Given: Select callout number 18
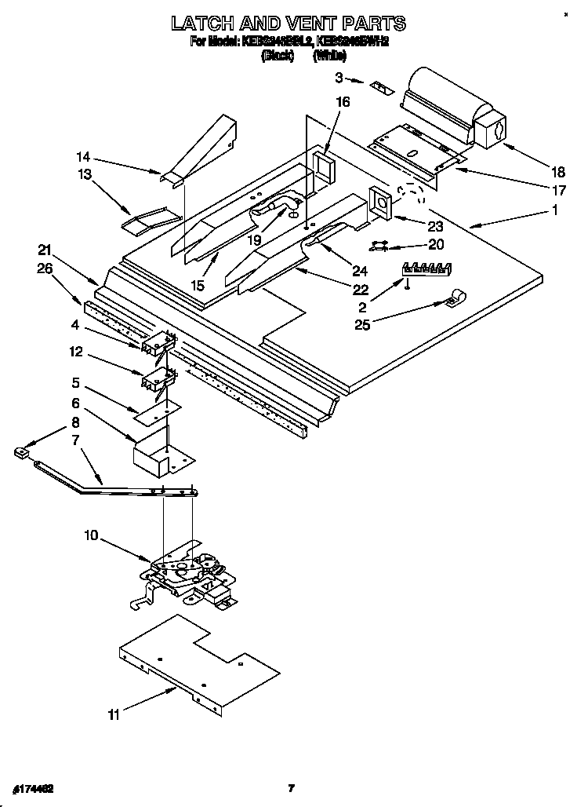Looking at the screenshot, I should [x=557, y=173].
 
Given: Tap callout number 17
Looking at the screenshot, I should [x=557, y=191].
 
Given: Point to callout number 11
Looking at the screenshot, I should [x=114, y=715].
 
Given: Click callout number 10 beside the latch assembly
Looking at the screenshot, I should [x=92, y=536].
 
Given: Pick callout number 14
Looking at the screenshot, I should [x=83, y=155].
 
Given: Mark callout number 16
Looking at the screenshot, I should [x=343, y=102].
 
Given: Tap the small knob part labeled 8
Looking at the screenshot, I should [x=21, y=451].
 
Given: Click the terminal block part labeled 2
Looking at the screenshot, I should [x=427, y=268].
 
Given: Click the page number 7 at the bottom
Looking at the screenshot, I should [x=290, y=788].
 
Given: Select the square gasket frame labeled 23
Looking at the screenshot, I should [x=382, y=202].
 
